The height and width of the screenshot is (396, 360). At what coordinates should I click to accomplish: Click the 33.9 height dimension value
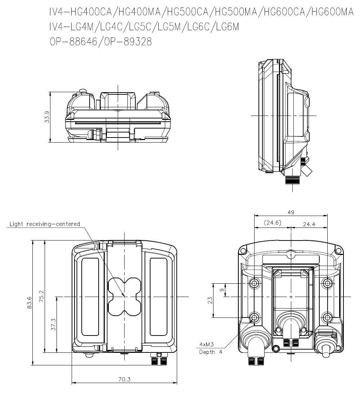(x=47, y=117)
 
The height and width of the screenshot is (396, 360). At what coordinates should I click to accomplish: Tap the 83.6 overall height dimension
(x=30, y=302)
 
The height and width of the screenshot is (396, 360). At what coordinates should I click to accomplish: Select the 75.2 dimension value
(x=42, y=296)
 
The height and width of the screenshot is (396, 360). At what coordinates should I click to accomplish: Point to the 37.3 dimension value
(x=53, y=324)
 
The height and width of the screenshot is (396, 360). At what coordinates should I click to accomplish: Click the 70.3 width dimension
(x=125, y=379)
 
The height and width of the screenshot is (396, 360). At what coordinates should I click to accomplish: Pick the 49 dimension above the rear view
(x=291, y=212)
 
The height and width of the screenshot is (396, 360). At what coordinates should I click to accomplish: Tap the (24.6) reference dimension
(x=273, y=223)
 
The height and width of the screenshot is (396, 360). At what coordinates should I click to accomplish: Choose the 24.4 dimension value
(x=309, y=224)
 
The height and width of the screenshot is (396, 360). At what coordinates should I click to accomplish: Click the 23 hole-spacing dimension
(x=210, y=300)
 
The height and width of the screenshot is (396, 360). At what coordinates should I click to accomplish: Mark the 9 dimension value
(x=222, y=290)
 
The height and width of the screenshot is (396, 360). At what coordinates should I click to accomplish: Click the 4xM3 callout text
(x=207, y=344)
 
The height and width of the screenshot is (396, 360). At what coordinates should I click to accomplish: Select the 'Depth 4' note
(x=211, y=352)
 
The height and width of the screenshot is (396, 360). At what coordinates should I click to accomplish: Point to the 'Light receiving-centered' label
(x=45, y=224)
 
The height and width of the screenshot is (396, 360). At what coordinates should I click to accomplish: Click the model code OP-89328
(x=128, y=42)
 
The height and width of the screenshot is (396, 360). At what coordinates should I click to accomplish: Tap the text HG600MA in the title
(x=332, y=12)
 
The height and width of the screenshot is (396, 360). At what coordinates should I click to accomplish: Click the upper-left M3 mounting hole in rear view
(x=254, y=283)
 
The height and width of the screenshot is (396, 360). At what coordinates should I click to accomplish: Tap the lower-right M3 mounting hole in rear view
(x=328, y=317)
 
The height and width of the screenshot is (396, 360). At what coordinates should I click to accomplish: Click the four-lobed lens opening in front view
(x=124, y=297)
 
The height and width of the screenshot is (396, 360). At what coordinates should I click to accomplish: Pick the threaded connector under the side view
(x=293, y=180)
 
